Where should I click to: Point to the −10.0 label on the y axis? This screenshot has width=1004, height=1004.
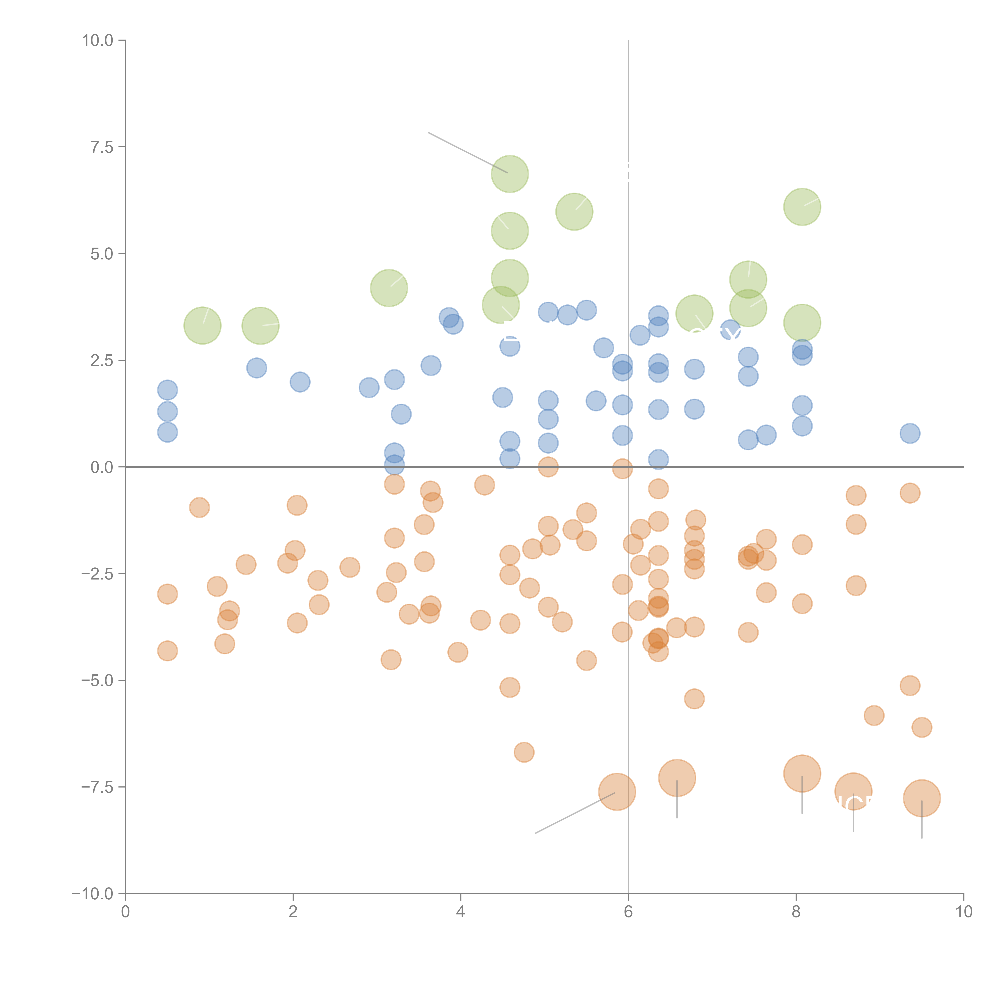[93, 894]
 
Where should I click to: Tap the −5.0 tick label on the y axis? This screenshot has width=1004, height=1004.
[97, 680]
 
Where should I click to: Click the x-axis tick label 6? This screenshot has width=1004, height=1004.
[628, 912]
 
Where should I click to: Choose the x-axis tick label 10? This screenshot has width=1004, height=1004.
[963, 912]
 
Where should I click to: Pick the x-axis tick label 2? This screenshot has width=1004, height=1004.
[293, 912]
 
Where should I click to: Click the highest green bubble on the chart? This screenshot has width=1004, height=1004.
[510, 173]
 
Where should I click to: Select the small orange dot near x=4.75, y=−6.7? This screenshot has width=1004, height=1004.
[524, 752]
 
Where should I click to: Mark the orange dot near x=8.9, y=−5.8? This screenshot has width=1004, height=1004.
[874, 716]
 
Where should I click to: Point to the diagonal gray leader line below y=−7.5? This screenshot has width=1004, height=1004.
[574, 813]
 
